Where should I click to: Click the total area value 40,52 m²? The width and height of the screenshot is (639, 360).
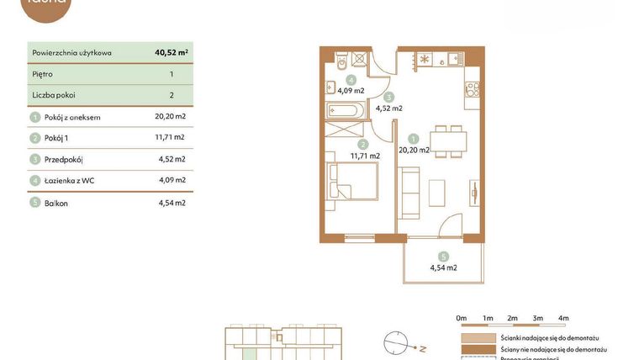[x=171, y=52]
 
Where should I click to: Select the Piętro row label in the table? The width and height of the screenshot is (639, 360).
[x=42, y=74]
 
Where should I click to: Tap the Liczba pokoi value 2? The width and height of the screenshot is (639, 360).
[x=172, y=95]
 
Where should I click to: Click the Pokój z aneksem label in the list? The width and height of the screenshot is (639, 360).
[x=72, y=117]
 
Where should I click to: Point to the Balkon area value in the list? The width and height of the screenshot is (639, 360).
[x=172, y=203]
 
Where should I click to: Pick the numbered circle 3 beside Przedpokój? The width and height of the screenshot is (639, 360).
[x=35, y=160]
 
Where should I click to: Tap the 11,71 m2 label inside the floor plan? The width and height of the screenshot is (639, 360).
[x=365, y=156]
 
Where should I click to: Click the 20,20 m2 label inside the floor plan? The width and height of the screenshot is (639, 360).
[x=414, y=151]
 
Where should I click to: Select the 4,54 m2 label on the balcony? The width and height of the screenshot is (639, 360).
[x=443, y=268]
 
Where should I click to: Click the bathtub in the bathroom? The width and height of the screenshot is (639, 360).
[x=346, y=110]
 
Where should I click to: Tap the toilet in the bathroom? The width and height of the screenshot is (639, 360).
[x=341, y=61]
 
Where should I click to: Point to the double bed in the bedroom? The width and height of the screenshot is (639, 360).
[x=352, y=181]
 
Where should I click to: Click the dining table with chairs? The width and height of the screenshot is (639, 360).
[x=447, y=140]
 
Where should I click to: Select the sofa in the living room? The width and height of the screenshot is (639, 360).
[x=408, y=193]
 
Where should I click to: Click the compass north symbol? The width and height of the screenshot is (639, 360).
[x=398, y=344]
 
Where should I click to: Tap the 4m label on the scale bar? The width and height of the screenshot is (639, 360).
[x=563, y=318]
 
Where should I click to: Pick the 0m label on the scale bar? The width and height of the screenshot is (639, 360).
[x=461, y=318]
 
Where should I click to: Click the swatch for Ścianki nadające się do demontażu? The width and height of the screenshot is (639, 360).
[x=478, y=337]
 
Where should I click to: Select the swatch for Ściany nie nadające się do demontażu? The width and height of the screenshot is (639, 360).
[x=478, y=349]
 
